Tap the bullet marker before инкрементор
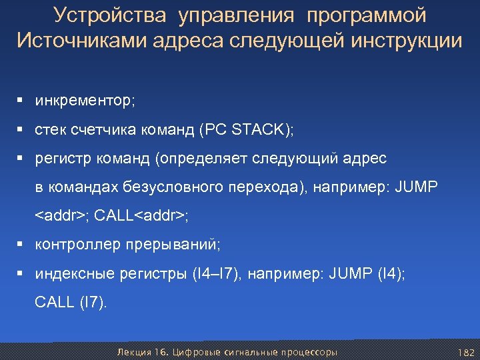(x=22, y=101)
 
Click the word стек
(x=50, y=130)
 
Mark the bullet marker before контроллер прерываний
(x=22, y=245)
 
